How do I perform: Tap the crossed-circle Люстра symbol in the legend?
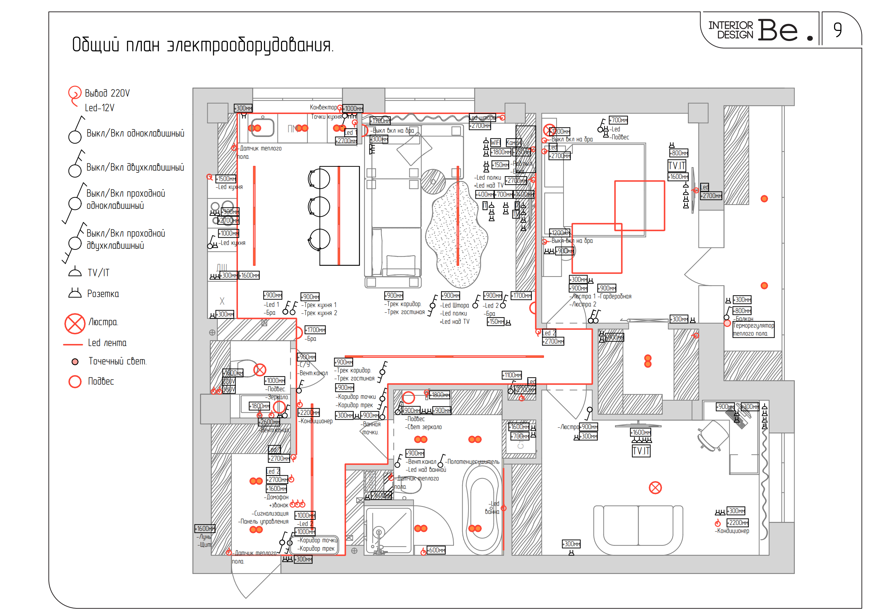click(x=75, y=323)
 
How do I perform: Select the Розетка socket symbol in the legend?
click(x=75, y=293)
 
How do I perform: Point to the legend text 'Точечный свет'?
click(x=117, y=361)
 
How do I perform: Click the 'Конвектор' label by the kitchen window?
click(x=323, y=107)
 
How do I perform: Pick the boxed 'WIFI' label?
click(x=495, y=142)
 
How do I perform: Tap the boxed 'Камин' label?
click(x=513, y=142)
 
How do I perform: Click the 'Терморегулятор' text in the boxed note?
click(x=753, y=326)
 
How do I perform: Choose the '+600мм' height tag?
click(x=436, y=550)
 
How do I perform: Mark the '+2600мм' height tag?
click(x=269, y=422)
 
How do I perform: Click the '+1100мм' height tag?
click(x=512, y=375)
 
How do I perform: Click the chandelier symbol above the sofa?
click(x=655, y=487)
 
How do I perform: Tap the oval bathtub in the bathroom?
click(x=482, y=508)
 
